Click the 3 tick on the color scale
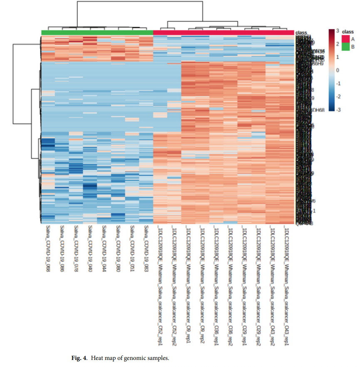[338, 30]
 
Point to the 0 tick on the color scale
[338, 70]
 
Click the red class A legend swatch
[345, 39]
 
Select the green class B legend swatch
[345, 47]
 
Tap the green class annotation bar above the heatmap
[97, 32]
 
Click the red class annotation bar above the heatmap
[223, 32]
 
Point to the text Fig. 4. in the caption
[80, 357]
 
